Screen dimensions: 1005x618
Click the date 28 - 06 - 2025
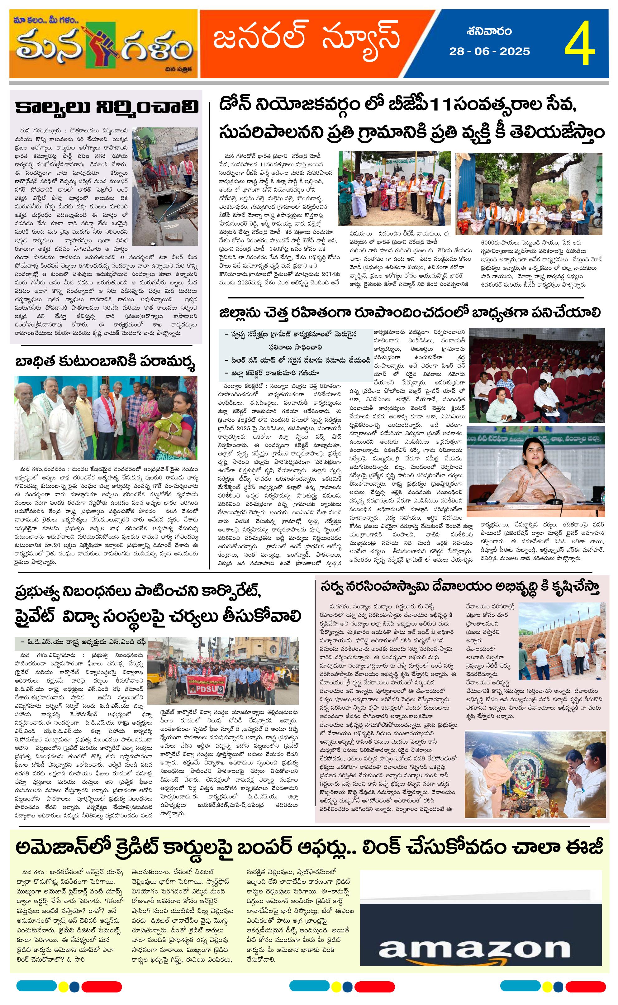tap(489, 51)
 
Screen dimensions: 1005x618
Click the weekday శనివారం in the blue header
tap(489, 31)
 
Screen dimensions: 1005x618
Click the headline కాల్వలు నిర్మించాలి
tap(106, 108)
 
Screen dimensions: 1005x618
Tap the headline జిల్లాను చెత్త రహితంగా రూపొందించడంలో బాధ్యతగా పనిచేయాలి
tap(410, 313)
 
